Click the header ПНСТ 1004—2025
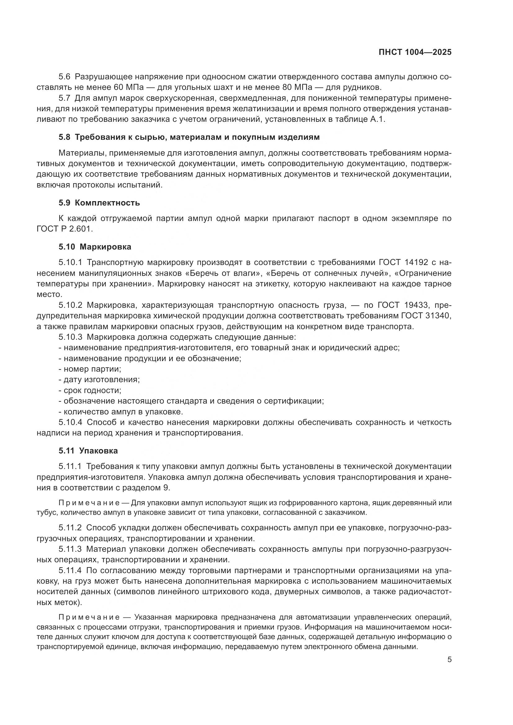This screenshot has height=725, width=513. click(x=415, y=52)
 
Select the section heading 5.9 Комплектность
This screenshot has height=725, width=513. click(x=99, y=203)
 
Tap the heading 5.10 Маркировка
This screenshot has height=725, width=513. click(x=95, y=247)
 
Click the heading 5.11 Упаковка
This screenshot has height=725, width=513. click(x=88, y=451)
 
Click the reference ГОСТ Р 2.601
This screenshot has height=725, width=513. click(x=65, y=229)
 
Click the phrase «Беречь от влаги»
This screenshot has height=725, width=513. click(x=224, y=273)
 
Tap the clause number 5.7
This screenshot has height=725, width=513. click(x=64, y=98)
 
